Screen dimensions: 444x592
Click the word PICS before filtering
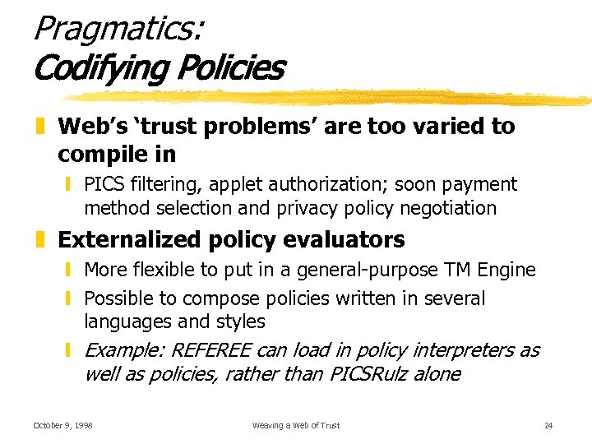tap(105, 185)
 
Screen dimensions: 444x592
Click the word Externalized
tap(127, 240)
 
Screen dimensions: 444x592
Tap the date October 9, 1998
tap(62, 425)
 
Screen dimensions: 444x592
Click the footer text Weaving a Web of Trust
tap(296, 425)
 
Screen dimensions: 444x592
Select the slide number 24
tap(548, 425)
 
